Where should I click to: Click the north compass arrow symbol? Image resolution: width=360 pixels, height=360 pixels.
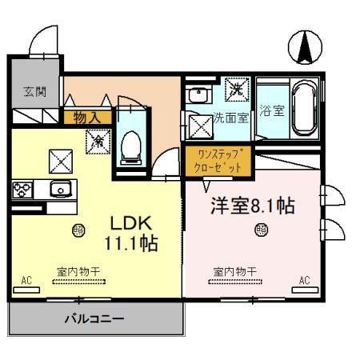(x=305, y=47)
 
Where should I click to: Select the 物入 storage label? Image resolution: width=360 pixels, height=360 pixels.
(x=86, y=118)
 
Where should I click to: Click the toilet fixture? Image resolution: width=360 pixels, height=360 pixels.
(x=130, y=146)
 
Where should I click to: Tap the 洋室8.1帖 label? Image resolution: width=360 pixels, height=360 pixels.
(x=252, y=205)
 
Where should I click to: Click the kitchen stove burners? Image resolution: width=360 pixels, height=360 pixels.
(x=21, y=190)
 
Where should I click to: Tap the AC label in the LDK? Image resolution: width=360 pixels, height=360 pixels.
(x=26, y=280)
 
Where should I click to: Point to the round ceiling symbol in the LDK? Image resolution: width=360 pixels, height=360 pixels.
(x=78, y=230)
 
